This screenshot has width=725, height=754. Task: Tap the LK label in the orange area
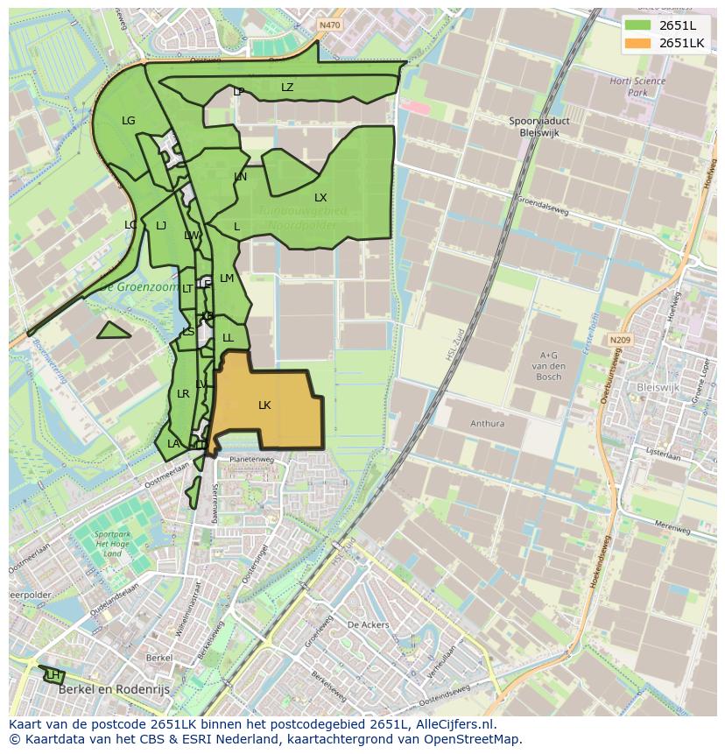click(x=264, y=405)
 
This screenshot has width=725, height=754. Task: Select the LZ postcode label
click(x=287, y=88)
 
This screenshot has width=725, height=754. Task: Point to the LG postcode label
click(x=129, y=121)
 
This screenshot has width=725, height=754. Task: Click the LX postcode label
click(x=320, y=198)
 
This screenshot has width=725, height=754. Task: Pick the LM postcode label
click(x=227, y=278)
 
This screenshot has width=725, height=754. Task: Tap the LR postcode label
click(x=183, y=394)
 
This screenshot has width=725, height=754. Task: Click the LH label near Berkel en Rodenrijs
click(x=53, y=675)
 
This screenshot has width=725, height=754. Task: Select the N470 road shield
click(x=330, y=25)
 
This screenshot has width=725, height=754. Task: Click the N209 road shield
click(x=620, y=340)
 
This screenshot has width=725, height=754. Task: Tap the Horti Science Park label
click(x=637, y=87)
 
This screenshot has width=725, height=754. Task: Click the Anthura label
click(x=487, y=424)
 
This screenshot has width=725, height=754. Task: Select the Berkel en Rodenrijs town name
click(x=114, y=690)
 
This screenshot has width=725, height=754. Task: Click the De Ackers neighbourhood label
click(x=368, y=625)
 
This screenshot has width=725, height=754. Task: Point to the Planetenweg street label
click(x=251, y=459)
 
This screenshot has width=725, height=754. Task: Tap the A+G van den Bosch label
click(x=550, y=365)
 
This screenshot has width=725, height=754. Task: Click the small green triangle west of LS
click(x=112, y=331)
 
